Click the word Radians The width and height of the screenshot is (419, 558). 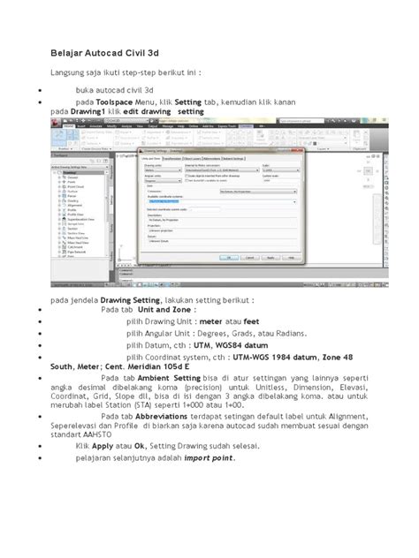288,335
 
